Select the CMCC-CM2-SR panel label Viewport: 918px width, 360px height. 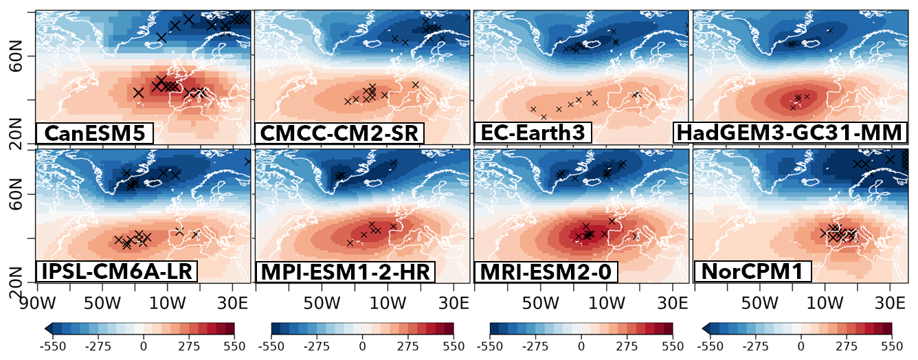tap(339, 133)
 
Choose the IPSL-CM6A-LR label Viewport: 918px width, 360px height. tap(116, 271)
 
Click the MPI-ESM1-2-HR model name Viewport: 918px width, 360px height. tap(345, 271)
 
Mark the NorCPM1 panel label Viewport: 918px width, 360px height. tap(752, 271)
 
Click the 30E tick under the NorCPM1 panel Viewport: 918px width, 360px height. tap(890, 303)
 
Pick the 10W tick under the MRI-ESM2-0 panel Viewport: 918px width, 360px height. tap(606, 303)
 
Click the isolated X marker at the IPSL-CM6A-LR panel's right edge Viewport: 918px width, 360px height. tap(247, 161)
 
